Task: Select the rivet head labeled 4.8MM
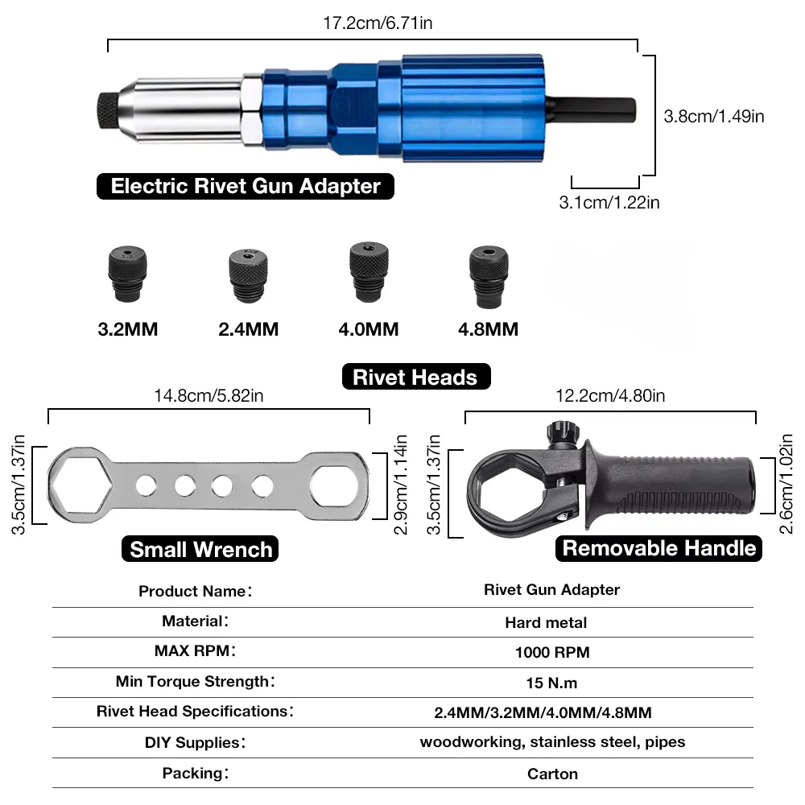coord(489,276)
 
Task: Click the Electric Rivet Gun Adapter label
coord(246,186)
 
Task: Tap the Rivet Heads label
coord(415,377)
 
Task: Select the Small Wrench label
coord(200,549)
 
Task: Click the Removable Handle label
coord(659,548)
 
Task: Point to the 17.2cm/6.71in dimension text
coord(378,23)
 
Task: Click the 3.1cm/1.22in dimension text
coord(609,203)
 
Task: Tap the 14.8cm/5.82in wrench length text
coord(208,395)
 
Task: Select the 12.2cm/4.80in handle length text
coord(610,395)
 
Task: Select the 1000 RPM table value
coord(551,652)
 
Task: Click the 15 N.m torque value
coord(551,683)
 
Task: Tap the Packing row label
coord(196,773)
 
